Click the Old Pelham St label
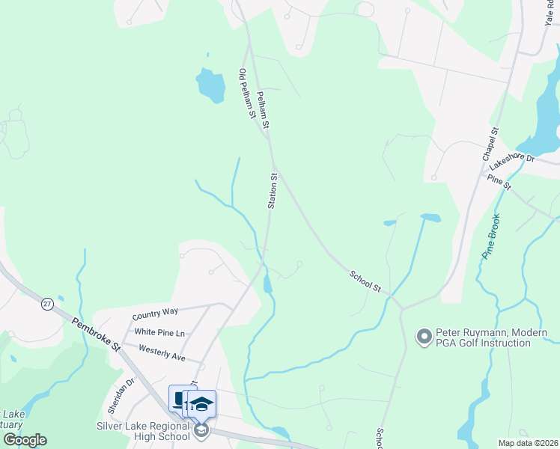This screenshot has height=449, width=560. click(x=248, y=94)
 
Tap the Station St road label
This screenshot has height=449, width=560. click(x=273, y=192)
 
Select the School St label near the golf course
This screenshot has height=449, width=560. click(x=366, y=281)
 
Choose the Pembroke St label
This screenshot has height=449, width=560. click(x=97, y=334)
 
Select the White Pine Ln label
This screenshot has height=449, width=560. click(x=159, y=332)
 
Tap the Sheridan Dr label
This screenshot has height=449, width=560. click(x=120, y=396)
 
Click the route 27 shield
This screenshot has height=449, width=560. click(x=47, y=304)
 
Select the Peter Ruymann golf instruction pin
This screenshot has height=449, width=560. click(x=424, y=335)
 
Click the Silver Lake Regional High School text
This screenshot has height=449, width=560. click(x=142, y=431)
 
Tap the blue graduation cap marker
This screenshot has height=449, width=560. click(x=201, y=405)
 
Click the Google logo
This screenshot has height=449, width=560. click(x=25, y=440)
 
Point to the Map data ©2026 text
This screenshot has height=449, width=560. click(x=528, y=443)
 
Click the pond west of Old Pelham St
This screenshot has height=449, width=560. click(x=210, y=86)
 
